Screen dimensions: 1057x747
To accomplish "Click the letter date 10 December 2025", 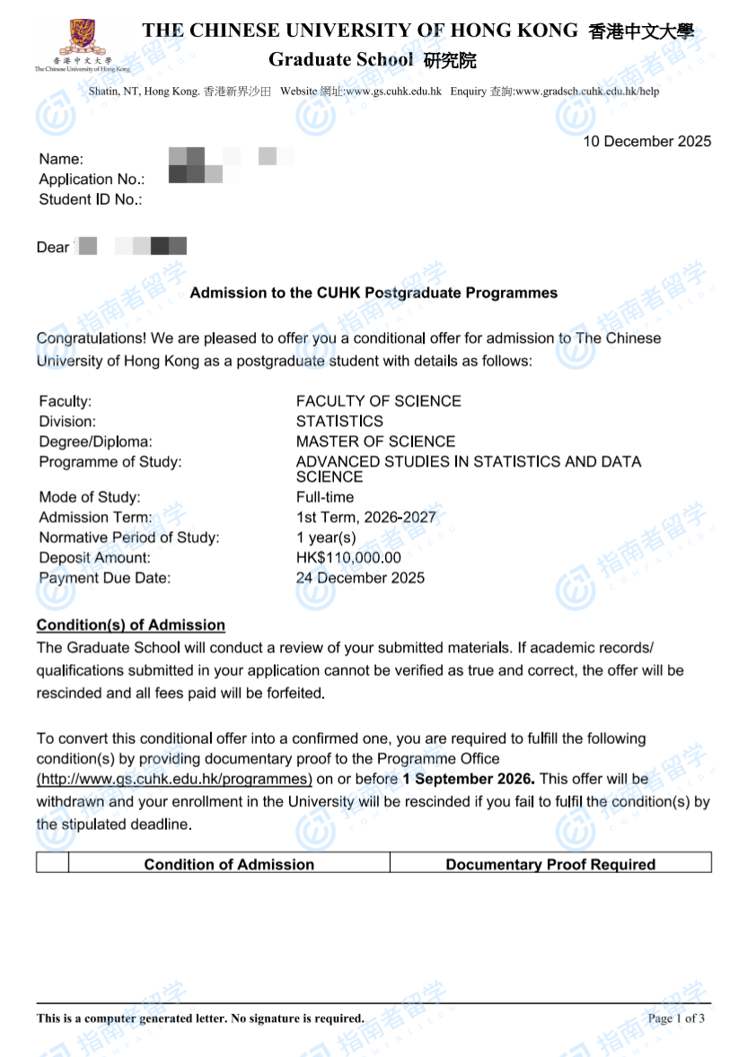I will tap(646, 141).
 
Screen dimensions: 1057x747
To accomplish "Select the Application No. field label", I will tap(92, 179).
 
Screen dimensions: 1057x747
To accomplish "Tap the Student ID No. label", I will tap(91, 199).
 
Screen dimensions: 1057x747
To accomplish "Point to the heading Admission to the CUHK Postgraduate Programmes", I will tap(373, 293).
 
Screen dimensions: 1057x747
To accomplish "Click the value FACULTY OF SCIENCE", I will tap(378, 401).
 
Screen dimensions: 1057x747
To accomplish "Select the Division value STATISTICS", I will tap(339, 421).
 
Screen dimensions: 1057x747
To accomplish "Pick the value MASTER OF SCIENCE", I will tap(375, 441).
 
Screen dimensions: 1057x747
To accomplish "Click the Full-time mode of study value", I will tap(325, 497).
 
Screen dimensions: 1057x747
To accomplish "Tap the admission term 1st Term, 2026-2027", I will tap(365, 518).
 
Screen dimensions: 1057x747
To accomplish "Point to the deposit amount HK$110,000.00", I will tap(348, 558).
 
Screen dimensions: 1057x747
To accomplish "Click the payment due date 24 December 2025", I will tap(360, 578).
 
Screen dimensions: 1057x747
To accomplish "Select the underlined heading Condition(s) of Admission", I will tap(130, 625).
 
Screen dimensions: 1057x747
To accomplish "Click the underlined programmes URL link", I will tap(174, 779).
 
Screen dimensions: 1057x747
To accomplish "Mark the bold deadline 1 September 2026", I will tap(468, 779).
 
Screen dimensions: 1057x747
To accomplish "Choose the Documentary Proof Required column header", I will tap(550, 864).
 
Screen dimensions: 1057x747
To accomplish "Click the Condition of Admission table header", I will tap(229, 864).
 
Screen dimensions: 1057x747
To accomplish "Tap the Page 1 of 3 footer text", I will tap(676, 1018).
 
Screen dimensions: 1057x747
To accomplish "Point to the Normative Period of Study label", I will tap(128, 537).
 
